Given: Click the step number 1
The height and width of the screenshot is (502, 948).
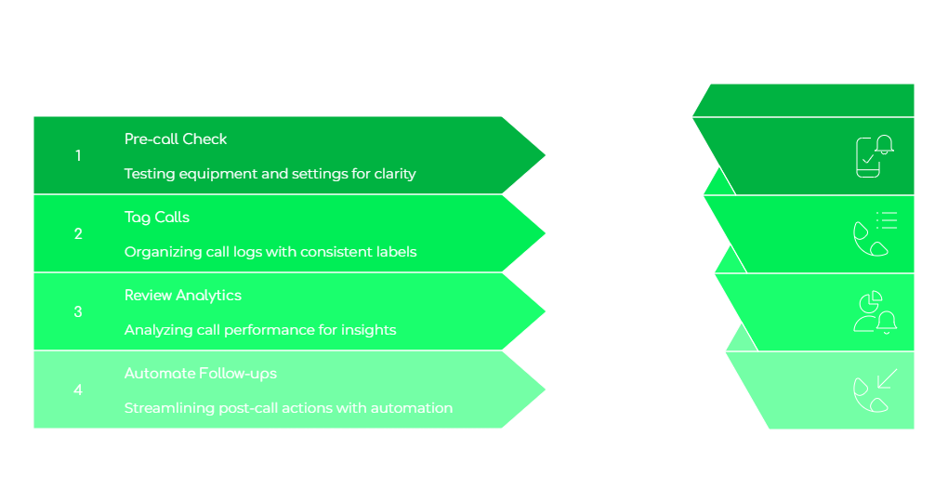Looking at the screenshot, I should click(x=78, y=156).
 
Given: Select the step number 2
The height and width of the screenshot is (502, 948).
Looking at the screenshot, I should click(x=78, y=234).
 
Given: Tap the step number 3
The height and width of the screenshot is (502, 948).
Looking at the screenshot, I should click(x=78, y=312).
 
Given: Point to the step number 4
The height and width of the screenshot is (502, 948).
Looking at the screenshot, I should click(x=78, y=390).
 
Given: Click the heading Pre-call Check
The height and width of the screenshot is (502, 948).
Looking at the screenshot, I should click(x=176, y=139).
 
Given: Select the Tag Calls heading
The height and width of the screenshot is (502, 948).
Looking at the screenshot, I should click(x=157, y=218).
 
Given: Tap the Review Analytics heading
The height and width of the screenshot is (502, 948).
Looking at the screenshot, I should click(x=183, y=296).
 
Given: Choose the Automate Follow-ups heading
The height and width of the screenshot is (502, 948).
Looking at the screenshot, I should click(x=201, y=374).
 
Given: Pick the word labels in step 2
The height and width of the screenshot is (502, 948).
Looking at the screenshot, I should click(x=395, y=252).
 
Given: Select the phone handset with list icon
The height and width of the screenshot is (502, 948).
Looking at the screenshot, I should click(x=875, y=234).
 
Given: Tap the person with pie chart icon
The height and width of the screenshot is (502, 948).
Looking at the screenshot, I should click(x=875, y=312).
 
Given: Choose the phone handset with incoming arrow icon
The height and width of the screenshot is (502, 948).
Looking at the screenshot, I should click(x=875, y=390).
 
